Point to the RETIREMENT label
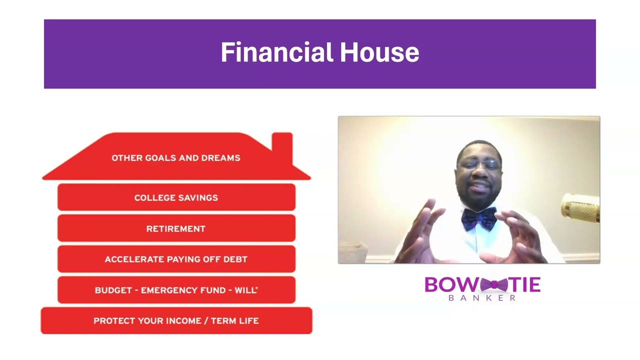click(176, 229)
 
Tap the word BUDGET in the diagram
click(113, 290)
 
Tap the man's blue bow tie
click(478, 218)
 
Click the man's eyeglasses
click(478, 164)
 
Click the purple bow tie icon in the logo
click(493, 285)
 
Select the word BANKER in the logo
click(482, 298)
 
